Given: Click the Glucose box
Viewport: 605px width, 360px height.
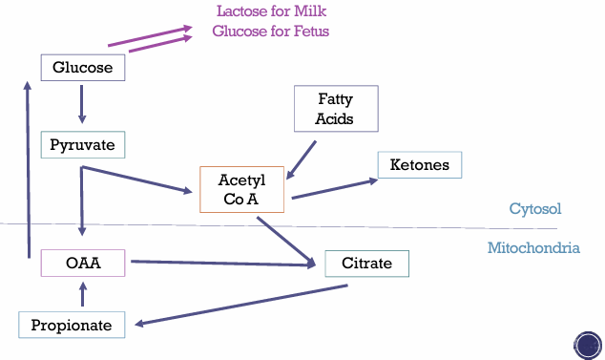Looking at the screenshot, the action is pyautogui.click(x=83, y=68).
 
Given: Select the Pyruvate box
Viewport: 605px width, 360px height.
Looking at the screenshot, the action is pyautogui.click(x=83, y=145).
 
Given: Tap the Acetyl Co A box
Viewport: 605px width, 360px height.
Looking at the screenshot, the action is pyautogui.click(x=242, y=190).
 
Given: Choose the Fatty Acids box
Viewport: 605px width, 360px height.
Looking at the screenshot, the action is pyautogui.click(x=336, y=109).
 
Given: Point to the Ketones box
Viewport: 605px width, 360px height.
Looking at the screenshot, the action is pyautogui.click(x=420, y=165).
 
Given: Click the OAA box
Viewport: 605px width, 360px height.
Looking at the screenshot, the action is pyautogui.click(x=83, y=263).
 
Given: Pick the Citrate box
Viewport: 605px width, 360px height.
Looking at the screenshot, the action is pyautogui.click(x=367, y=264).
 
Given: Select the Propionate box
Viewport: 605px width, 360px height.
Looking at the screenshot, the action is pyautogui.click(x=72, y=325).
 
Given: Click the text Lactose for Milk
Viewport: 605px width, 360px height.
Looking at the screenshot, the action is pyautogui.click(x=271, y=11).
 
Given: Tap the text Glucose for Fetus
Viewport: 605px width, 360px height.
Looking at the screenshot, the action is pyautogui.click(x=270, y=31).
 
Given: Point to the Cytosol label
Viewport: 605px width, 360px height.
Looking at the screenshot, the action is pyautogui.click(x=535, y=208).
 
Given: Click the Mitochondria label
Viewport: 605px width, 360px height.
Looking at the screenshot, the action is pyautogui.click(x=533, y=247).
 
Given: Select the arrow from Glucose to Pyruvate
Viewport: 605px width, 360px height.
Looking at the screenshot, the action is pyautogui.click(x=82, y=104).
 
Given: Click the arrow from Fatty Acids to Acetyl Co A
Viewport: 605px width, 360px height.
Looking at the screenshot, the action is pyautogui.click(x=301, y=159).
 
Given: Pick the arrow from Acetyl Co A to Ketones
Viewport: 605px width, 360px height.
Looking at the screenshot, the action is pyautogui.click(x=335, y=188).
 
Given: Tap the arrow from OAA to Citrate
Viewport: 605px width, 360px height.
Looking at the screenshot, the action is pyautogui.click(x=223, y=263).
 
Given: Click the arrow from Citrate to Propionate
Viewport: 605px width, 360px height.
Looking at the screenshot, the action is pyautogui.click(x=241, y=306).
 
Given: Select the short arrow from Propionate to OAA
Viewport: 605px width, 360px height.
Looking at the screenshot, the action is pyautogui.click(x=83, y=294).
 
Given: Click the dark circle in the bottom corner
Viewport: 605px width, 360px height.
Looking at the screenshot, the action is pyautogui.click(x=588, y=346).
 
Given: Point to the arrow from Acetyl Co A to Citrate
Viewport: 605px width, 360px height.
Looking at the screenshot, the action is pyautogui.click(x=286, y=242).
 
